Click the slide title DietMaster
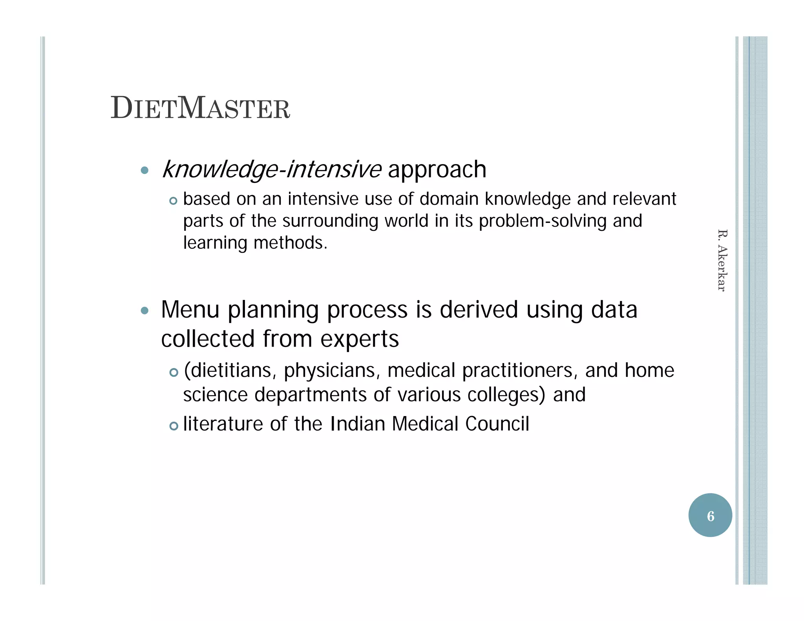(x=200, y=108)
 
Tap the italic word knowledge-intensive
(x=271, y=170)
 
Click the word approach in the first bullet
(x=437, y=170)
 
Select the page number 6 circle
(x=710, y=515)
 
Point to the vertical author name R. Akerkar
(x=722, y=260)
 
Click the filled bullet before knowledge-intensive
(x=144, y=170)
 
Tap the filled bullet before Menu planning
(x=144, y=311)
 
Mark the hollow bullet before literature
(x=174, y=426)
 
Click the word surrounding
(x=330, y=221)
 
